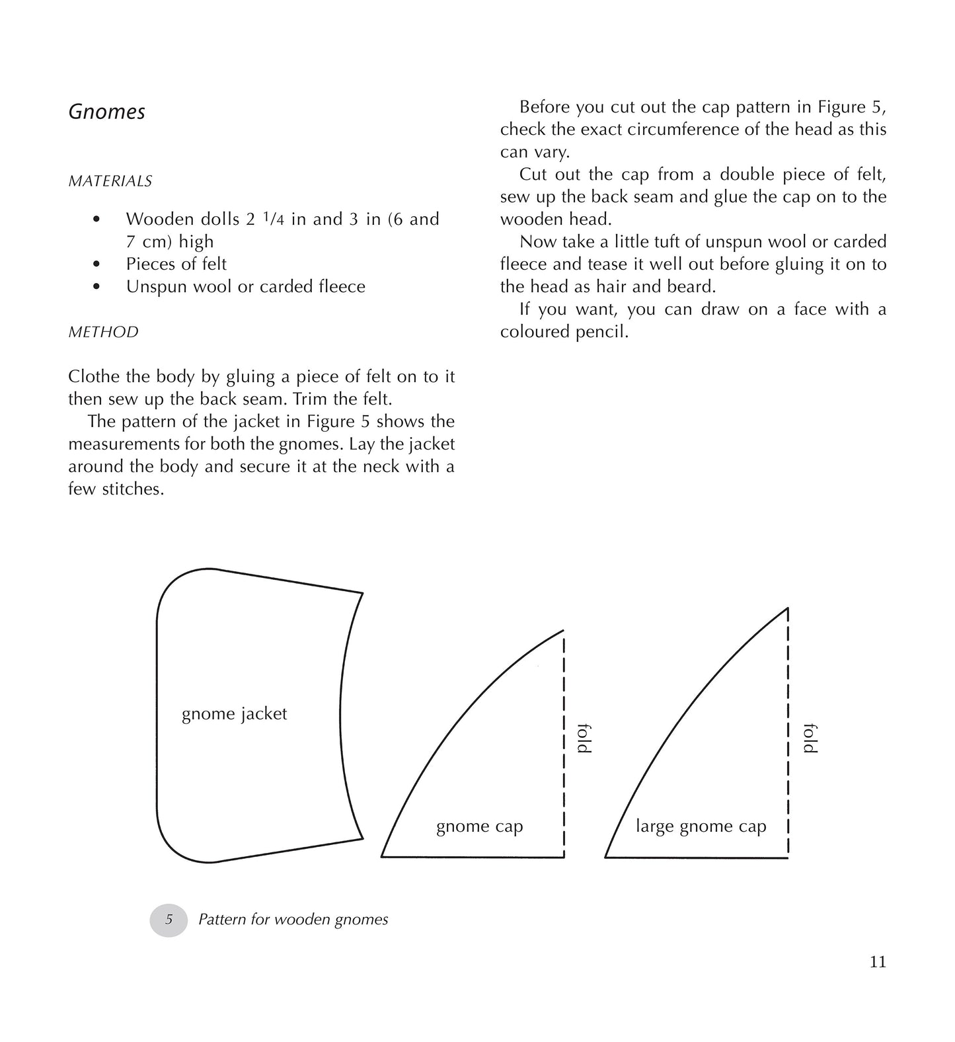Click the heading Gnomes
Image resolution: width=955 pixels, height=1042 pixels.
[107, 112]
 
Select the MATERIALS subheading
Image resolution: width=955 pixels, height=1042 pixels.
[110, 181]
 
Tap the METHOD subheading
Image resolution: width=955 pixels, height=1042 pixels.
[104, 332]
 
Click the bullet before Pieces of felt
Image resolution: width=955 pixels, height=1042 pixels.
[97, 264]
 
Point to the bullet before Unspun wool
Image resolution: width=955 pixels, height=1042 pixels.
[97, 287]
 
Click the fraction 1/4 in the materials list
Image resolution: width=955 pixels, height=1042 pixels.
[274, 219]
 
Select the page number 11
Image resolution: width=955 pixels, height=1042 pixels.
[878, 962]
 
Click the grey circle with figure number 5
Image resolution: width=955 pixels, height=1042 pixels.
[169, 920]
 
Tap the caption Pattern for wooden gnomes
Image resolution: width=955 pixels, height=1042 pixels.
[293, 920]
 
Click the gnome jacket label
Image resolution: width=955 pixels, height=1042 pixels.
[235, 714]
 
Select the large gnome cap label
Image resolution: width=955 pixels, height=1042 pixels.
[701, 826]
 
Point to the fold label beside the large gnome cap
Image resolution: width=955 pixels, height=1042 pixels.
[810, 739]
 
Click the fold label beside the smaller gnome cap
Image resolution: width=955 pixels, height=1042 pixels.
[584, 739]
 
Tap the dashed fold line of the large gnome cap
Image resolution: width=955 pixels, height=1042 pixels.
[788, 734]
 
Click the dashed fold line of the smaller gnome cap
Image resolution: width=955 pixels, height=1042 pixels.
[564, 744]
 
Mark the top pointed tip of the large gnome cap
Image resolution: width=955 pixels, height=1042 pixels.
[788, 608]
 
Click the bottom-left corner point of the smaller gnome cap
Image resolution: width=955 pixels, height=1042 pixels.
[382, 857]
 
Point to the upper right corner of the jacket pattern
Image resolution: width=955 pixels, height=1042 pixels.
[362, 593]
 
